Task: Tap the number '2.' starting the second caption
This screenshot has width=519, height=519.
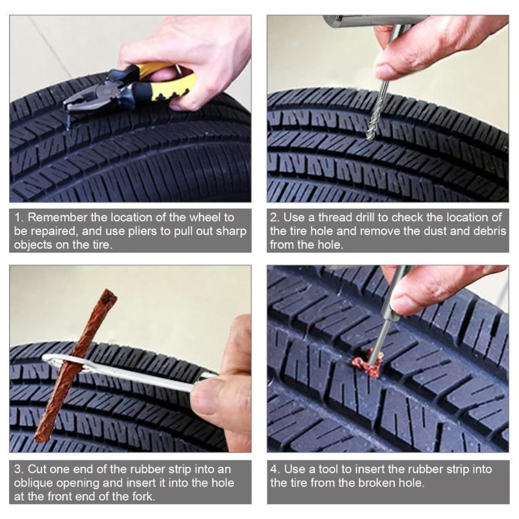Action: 275,217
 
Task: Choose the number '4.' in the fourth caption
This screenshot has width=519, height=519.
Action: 275,469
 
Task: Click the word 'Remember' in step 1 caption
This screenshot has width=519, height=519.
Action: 53,217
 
